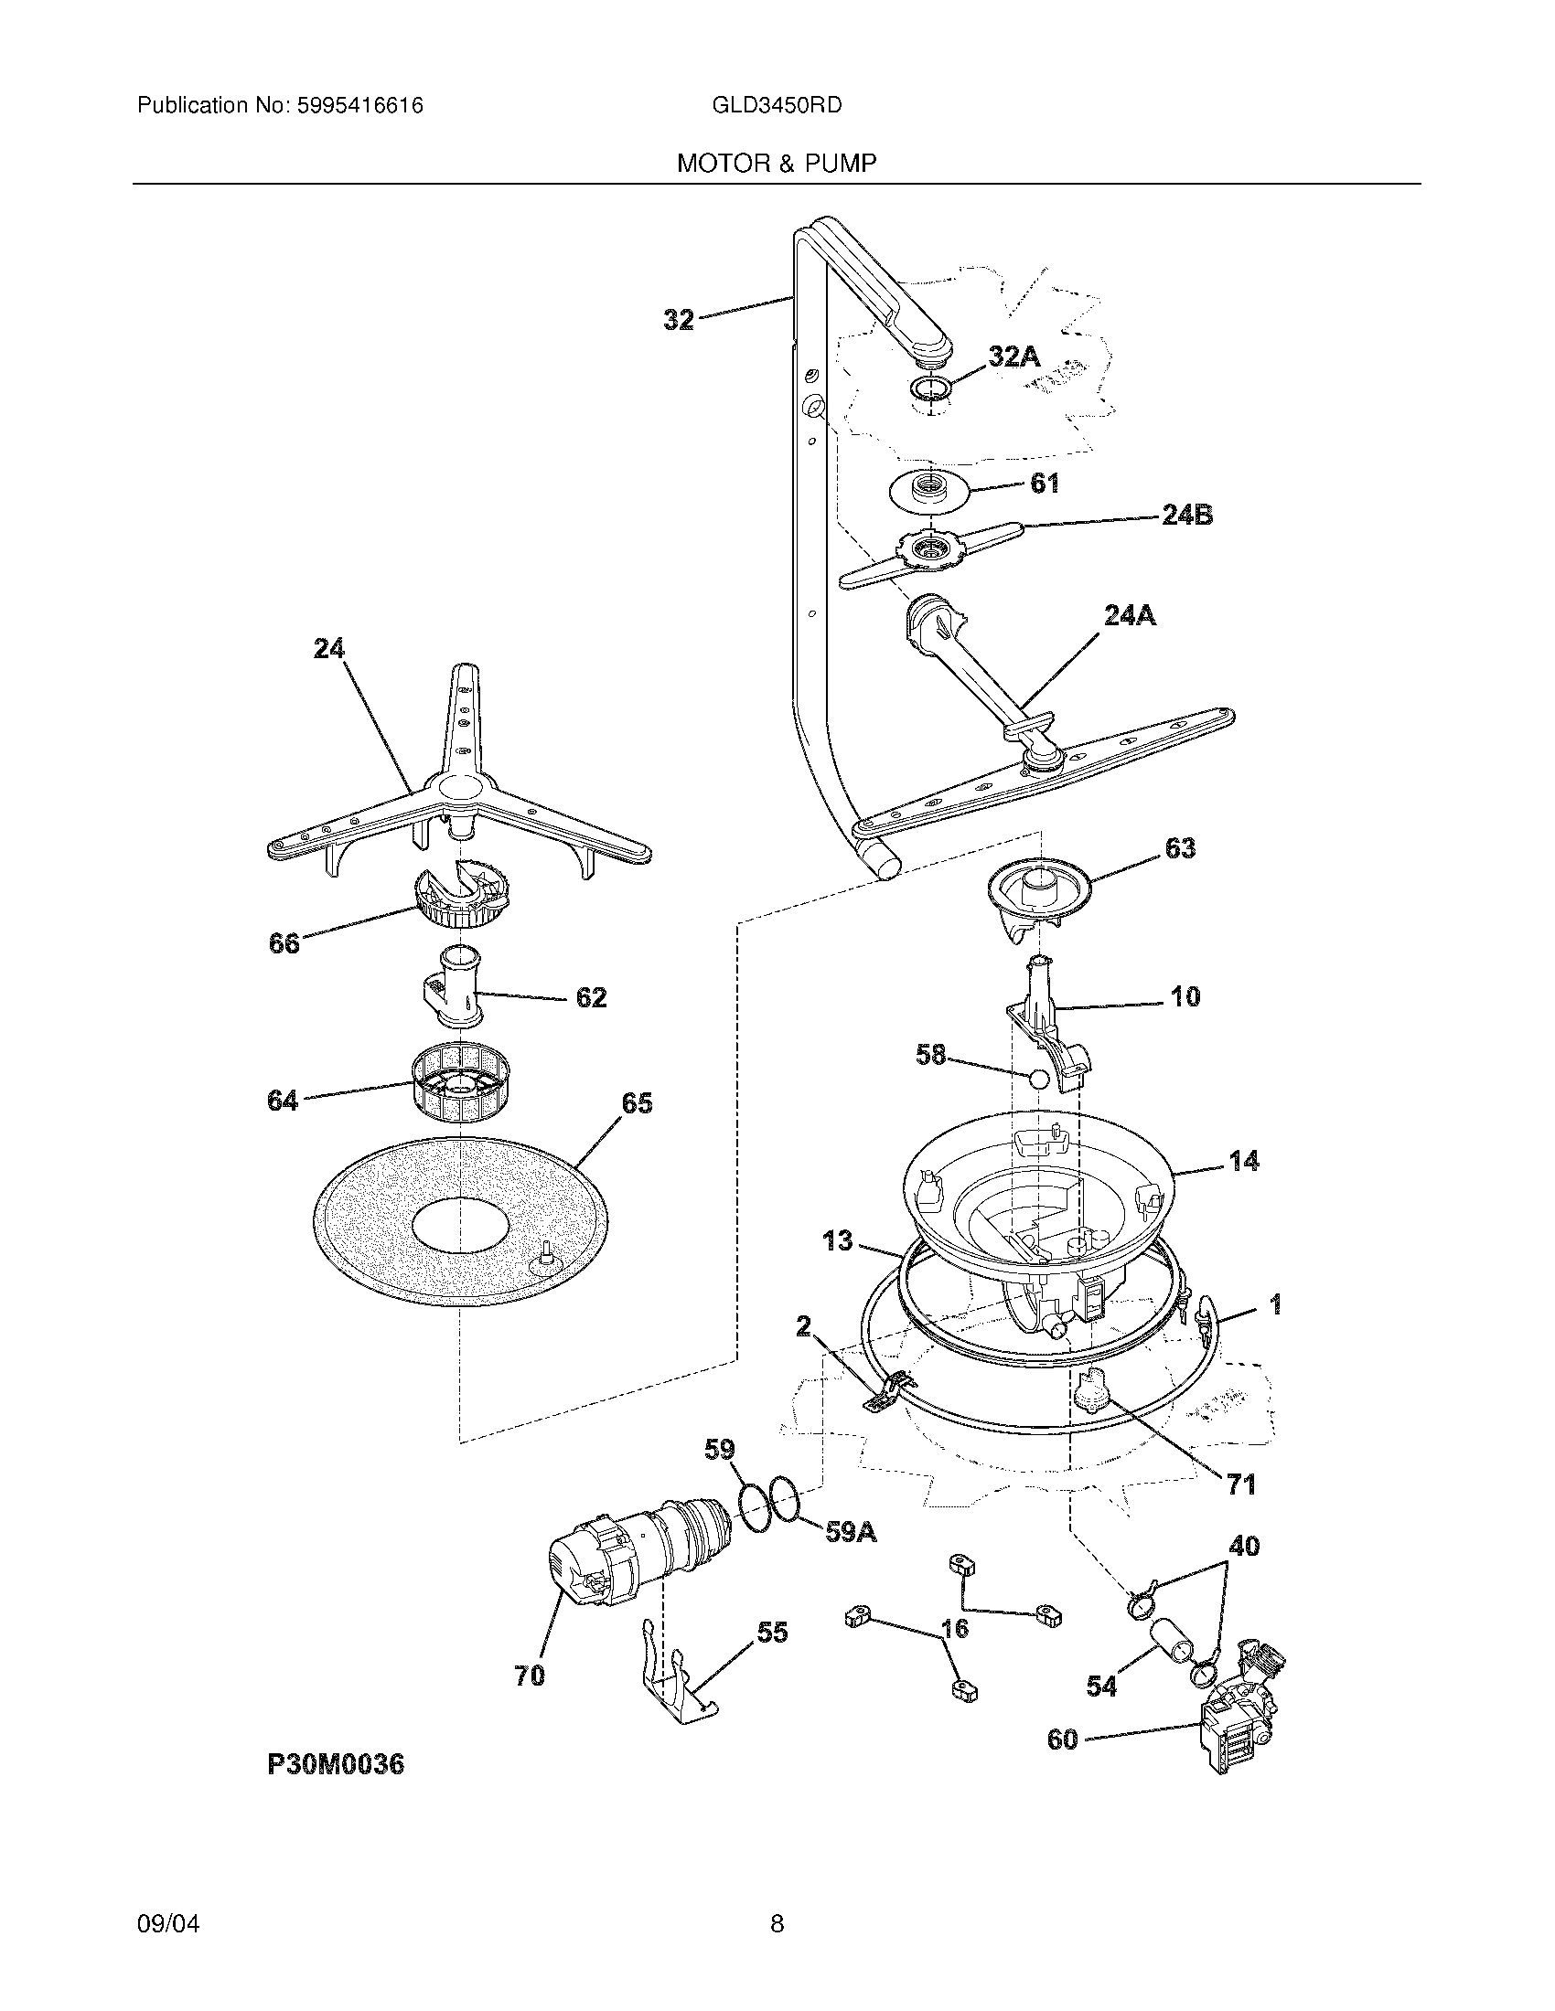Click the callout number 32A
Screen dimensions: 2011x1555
click(1013, 356)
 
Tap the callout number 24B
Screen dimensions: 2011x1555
click(1186, 516)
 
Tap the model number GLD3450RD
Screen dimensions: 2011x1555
click(776, 106)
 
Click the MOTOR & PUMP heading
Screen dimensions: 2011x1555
click(776, 164)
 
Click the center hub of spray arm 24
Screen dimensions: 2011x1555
click(458, 788)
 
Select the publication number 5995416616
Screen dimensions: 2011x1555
click(359, 106)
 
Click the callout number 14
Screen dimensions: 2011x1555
click(1244, 1161)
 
